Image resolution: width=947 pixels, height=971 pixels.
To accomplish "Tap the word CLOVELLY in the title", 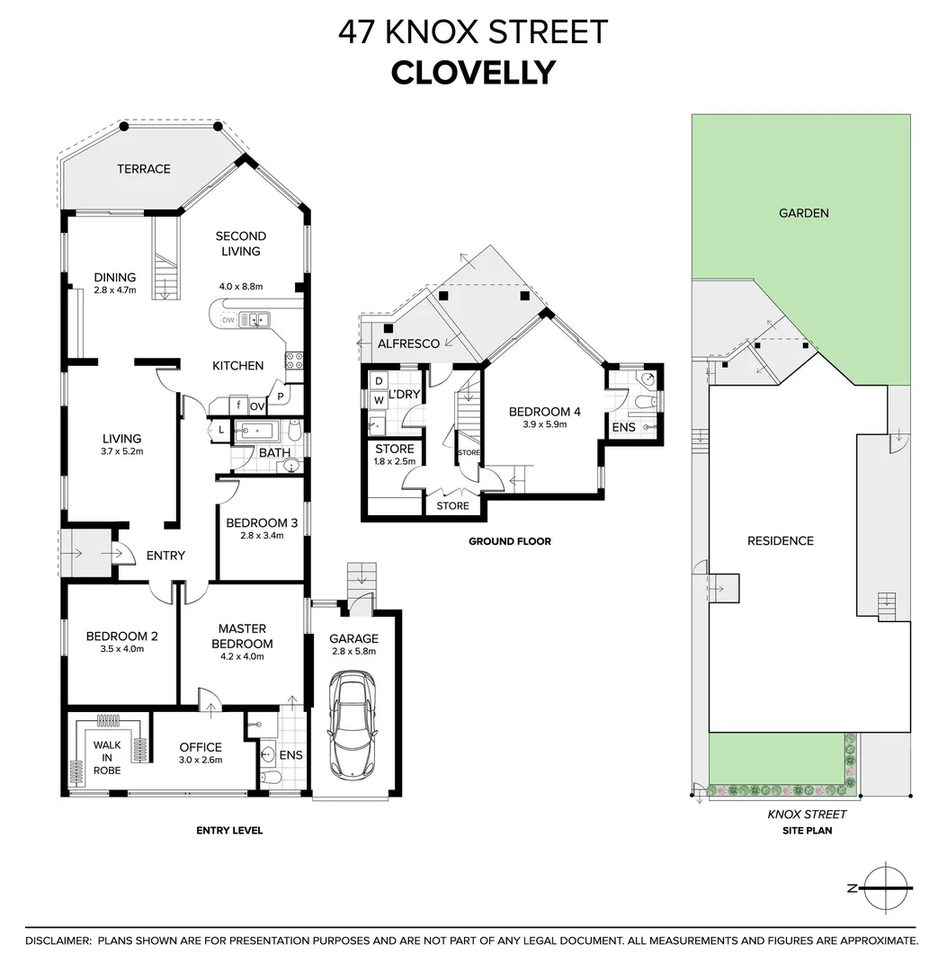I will tap(473, 73).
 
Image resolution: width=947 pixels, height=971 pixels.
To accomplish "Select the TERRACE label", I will tap(144, 169).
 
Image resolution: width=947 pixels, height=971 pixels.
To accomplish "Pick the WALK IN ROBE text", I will tap(107, 756).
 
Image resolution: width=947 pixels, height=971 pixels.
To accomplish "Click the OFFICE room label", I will tap(200, 747).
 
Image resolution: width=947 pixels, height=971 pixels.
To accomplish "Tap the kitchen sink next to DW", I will tap(256, 318).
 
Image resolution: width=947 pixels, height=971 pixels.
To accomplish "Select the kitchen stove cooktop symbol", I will tap(294, 361).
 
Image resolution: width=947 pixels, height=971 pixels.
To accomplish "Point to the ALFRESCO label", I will tap(408, 343).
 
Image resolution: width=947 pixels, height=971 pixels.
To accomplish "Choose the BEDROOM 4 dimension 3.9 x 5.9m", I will tap(545, 424).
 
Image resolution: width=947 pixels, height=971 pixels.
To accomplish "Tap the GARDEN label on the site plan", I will tap(804, 213).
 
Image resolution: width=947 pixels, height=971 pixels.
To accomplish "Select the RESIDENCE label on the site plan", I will tap(781, 540).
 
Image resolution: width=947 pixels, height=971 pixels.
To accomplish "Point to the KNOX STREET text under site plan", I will tap(807, 815).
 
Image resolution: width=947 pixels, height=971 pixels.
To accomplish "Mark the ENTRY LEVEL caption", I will tap(229, 831).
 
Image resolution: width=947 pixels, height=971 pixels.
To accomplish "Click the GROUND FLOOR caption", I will tap(509, 541).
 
